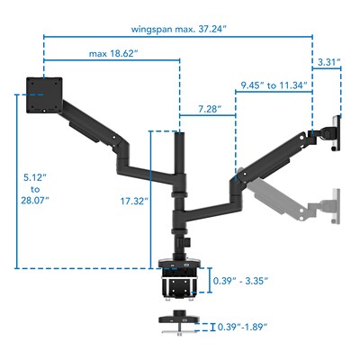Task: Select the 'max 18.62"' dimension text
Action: click(112, 54)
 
